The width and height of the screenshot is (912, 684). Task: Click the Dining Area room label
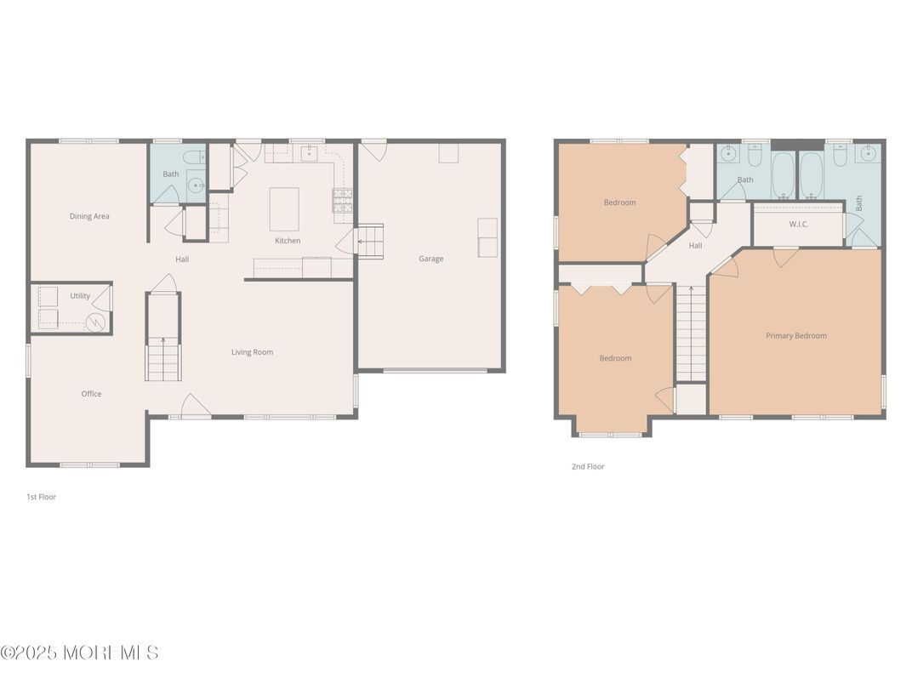pyautogui.click(x=89, y=216)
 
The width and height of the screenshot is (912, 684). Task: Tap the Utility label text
pyautogui.click(x=80, y=296)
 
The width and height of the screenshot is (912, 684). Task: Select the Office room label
pyautogui.click(x=91, y=394)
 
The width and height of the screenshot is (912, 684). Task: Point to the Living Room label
pyautogui.click(x=253, y=352)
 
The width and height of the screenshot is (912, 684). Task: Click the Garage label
pyautogui.click(x=430, y=259)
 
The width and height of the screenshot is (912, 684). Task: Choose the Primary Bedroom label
pyautogui.click(x=795, y=336)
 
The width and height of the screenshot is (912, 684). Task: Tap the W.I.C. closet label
pyautogui.click(x=798, y=225)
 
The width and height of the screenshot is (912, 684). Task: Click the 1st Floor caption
pyautogui.click(x=41, y=497)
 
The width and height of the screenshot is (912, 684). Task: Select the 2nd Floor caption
pyautogui.click(x=587, y=467)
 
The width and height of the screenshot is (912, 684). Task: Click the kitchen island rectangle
pyautogui.click(x=284, y=209)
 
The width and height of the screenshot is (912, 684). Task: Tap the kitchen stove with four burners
pyautogui.click(x=342, y=200)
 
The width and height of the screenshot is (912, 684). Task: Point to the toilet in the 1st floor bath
pyautogui.click(x=194, y=157)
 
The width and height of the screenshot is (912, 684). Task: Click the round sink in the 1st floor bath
pyautogui.click(x=196, y=186)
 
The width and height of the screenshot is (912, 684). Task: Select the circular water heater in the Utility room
pyautogui.click(x=97, y=322)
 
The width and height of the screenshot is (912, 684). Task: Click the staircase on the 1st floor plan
pyautogui.click(x=163, y=357)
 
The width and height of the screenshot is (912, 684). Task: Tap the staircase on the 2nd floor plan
pyautogui.click(x=692, y=333)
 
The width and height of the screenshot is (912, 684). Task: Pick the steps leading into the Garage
pyautogui.click(x=369, y=242)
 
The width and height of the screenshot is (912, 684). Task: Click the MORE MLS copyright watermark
pyautogui.click(x=79, y=653)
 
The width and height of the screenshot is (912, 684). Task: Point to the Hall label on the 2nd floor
pyautogui.click(x=695, y=246)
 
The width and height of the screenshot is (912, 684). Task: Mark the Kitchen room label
pyautogui.click(x=288, y=241)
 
